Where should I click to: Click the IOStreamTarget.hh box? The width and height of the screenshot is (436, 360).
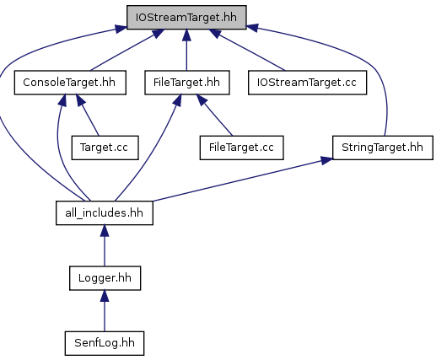click(186, 17)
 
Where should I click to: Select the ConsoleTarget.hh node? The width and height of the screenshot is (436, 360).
click(70, 83)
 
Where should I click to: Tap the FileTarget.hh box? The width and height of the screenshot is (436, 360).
click(187, 83)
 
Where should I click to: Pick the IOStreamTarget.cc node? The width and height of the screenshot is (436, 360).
click(307, 83)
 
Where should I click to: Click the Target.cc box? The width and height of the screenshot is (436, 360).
click(105, 148)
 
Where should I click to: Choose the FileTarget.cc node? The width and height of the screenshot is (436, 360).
click(241, 148)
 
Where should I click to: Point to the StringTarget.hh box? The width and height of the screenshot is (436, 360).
click(383, 148)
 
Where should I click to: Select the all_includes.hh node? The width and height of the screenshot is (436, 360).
click(105, 213)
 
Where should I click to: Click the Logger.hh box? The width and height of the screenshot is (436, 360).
click(105, 278)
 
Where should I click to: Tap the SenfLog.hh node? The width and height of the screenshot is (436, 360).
click(105, 343)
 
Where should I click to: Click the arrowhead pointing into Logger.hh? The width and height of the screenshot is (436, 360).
click(105, 296)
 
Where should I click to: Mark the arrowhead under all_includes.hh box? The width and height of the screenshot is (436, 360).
click(105, 231)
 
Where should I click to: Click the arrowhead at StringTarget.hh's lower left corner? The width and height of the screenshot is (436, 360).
click(326, 160)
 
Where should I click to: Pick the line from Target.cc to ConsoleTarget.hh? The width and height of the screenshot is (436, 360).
click(88, 116)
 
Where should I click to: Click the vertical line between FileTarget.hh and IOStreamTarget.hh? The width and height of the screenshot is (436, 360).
click(186, 50)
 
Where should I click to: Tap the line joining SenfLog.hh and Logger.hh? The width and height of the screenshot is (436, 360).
click(105, 311)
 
